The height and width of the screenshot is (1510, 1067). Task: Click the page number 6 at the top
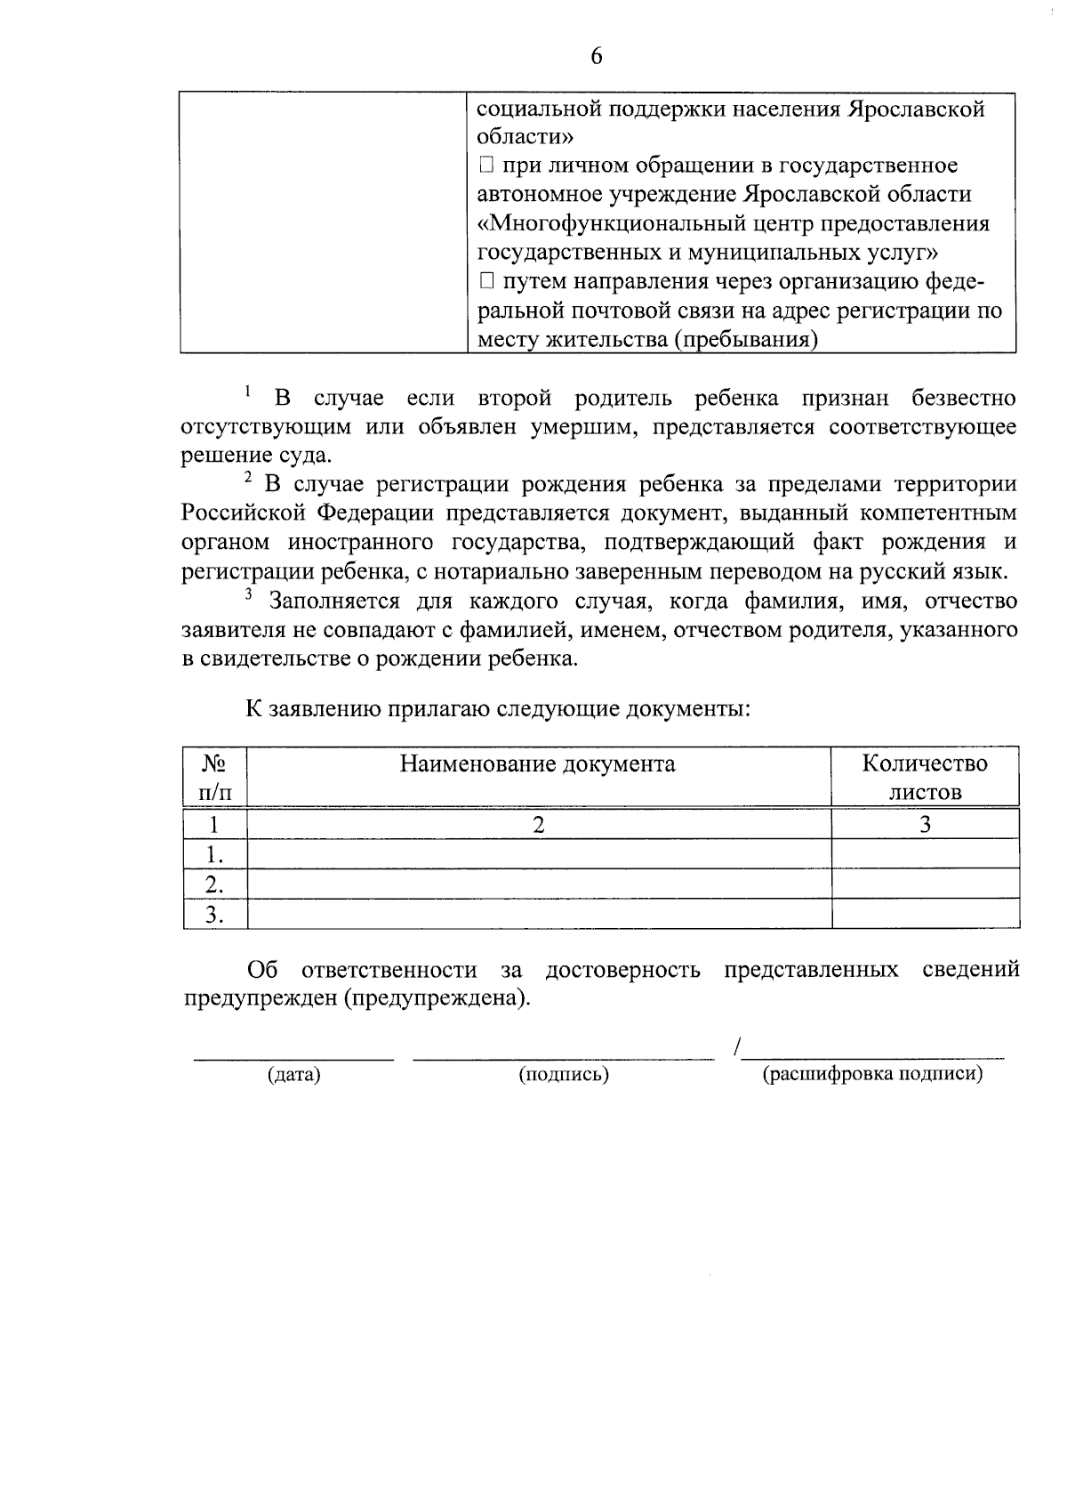click(596, 56)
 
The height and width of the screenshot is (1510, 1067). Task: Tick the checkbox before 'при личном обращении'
click(485, 166)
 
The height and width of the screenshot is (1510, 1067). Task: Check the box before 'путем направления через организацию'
click(485, 282)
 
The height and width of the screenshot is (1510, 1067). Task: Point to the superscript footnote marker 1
click(248, 389)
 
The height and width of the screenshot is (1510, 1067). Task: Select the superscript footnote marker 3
click(249, 594)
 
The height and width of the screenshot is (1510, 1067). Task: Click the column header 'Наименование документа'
click(537, 763)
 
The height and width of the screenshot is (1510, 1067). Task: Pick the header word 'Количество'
click(925, 763)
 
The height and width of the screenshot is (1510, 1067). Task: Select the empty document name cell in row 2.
click(538, 884)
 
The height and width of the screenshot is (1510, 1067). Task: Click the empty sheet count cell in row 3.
click(925, 914)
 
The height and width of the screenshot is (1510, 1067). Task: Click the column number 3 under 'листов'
click(925, 824)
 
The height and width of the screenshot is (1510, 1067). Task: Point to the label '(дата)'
click(293, 1075)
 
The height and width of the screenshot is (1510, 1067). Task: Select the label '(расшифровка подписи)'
click(872, 1074)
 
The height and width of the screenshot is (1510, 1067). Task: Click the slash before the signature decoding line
click(738, 1048)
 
